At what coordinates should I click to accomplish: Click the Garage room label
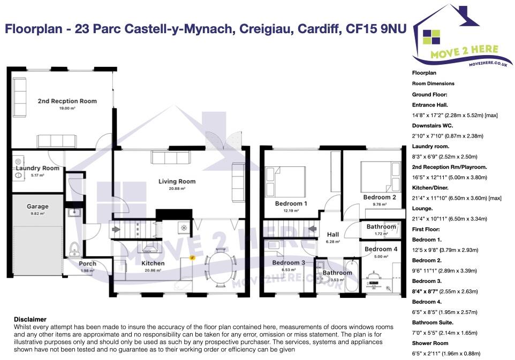click(37, 206)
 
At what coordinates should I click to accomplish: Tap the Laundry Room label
click(37, 168)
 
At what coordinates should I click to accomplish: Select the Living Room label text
click(177, 181)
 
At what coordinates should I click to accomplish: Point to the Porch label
click(87, 264)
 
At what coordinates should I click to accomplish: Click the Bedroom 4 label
click(381, 249)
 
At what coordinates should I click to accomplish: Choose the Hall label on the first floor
click(332, 235)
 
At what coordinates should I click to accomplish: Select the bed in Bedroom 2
click(380, 177)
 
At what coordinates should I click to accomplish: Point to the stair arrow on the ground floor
click(116, 229)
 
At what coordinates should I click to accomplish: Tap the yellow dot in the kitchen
click(193, 258)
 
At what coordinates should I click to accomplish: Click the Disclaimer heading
click(30, 319)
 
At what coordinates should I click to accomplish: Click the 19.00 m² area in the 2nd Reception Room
click(67, 108)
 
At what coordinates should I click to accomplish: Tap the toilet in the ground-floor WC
click(74, 249)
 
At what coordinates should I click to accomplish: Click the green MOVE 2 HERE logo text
click(465, 51)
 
